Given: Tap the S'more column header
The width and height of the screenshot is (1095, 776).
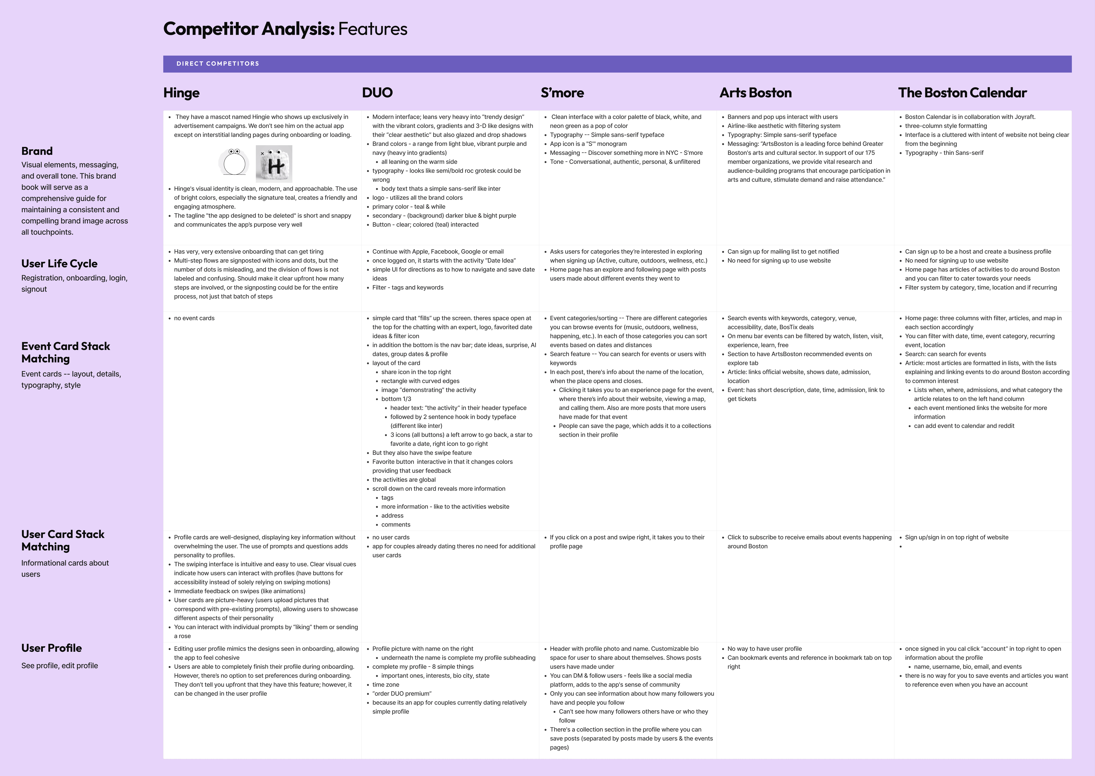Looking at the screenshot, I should point(562,93).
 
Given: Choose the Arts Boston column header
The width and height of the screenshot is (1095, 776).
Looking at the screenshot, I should point(755,93).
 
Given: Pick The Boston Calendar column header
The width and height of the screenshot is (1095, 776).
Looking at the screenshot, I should point(962,93).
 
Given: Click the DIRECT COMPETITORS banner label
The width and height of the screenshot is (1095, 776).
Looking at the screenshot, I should point(218,64).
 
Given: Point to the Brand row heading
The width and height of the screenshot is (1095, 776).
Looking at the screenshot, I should point(37,151).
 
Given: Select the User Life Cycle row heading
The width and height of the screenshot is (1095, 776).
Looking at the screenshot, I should point(59,264).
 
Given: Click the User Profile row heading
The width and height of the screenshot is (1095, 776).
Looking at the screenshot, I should point(52,648).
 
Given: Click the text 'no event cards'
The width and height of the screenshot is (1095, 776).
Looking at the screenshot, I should point(194,318).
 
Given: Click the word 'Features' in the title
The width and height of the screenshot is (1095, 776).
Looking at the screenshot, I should point(373,29).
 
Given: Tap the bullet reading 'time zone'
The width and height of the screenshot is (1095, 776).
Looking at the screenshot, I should point(386,685).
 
